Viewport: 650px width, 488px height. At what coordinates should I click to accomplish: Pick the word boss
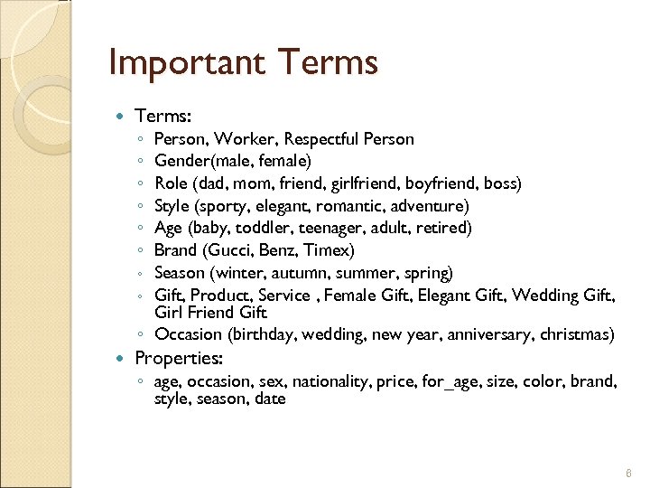click(500, 183)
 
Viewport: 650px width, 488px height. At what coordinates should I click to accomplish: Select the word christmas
click(577, 334)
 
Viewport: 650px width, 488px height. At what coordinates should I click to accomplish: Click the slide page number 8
click(628, 474)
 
